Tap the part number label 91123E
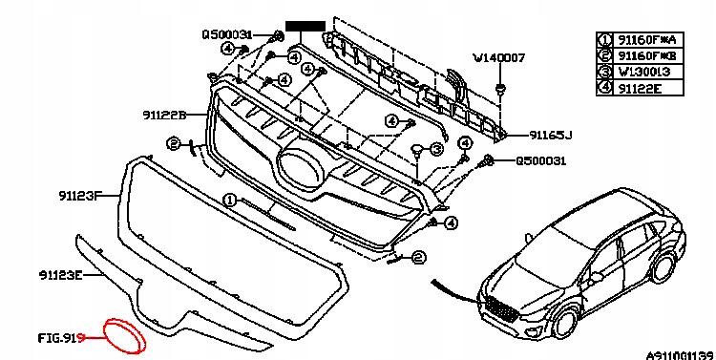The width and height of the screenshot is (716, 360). coord(61,275)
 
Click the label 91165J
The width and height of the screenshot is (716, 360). coord(555,137)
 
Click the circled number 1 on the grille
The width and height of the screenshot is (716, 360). coord(228,200)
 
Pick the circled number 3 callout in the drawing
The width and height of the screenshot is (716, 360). coord(435,149)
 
